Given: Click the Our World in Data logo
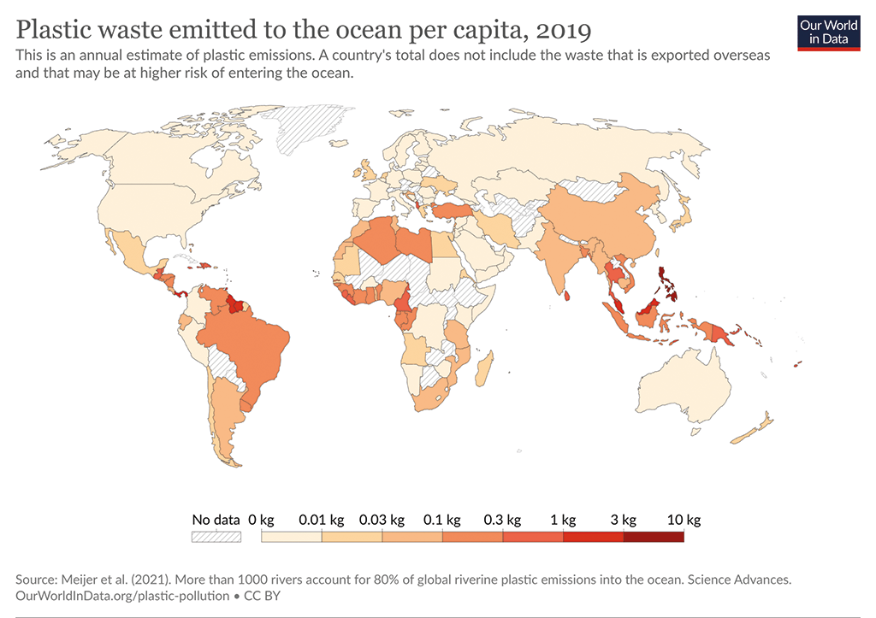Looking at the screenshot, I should pyautogui.click(x=828, y=32).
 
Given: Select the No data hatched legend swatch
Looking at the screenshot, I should pyautogui.click(x=216, y=537).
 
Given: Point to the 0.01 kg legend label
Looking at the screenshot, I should pyautogui.click(x=321, y=519).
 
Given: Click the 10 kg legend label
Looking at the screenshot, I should pyautogui.click(x=684, y=519).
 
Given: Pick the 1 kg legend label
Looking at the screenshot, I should pyautogui.click(x=563, y=519).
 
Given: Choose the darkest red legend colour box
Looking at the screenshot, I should pyautogui.click(x=654, y=537).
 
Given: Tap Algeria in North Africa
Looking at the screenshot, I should pyautogui.click(x=382, y=239).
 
